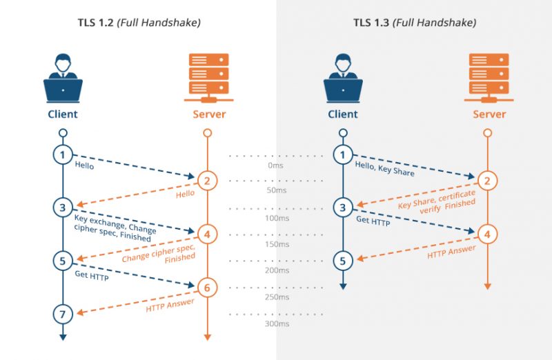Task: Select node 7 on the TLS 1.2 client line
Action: (63, 314)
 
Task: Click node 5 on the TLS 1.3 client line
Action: (343, 261)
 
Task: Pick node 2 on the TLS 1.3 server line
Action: (487, 181)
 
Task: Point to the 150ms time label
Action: (276, 244)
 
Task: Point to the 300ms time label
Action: (276, 323)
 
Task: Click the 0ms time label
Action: (276, 166)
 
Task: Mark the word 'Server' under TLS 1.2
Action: (208, 114)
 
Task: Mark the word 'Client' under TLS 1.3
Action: (343, 114)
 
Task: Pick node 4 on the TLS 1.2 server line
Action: (207, 234)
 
